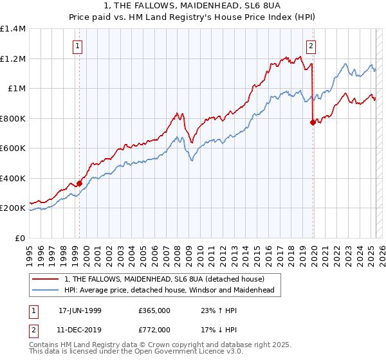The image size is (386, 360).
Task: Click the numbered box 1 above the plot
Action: tap(77, 46)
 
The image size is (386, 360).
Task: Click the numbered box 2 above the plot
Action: tap(311, 46)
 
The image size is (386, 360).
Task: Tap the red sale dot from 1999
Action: tap(80, 183)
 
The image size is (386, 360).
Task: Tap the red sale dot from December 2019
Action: tap(313, 122)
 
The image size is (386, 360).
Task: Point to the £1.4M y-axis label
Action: tap(13, 29)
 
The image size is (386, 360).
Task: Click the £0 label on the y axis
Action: tap(20, 238)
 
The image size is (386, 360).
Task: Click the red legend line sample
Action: tap(46, 279)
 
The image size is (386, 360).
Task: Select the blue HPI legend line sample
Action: tap(46, 290)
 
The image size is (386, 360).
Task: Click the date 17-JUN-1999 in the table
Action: tap(80, 310)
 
